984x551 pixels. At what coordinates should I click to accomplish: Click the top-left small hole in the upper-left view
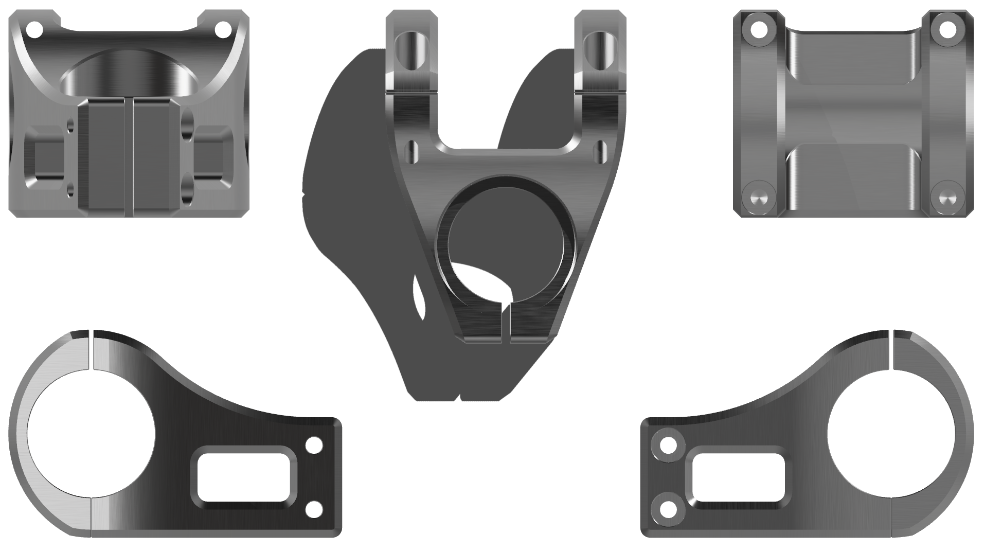[35, 29]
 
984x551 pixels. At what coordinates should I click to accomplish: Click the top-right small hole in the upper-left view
[223, 29]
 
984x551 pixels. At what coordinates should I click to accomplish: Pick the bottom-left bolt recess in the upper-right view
[759, 197]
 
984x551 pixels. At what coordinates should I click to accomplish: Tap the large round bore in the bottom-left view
[89, 435]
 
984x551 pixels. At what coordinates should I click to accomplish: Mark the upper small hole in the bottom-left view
[314, 445]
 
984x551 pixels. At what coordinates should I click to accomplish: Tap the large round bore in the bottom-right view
[892, 435]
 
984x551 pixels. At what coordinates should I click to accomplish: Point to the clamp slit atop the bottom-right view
[892, 350]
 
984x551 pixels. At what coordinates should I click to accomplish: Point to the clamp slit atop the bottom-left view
[91, 350]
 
